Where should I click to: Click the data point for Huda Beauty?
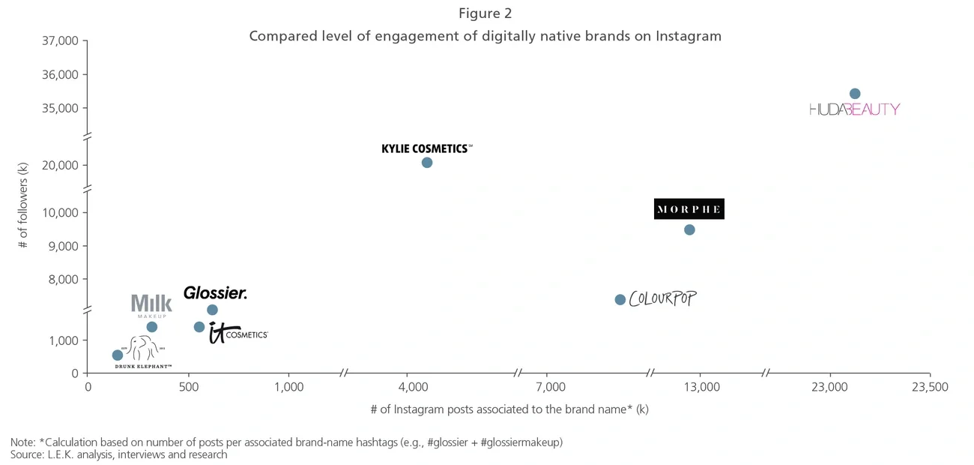click(855, 94)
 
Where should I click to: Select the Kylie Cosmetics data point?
click(427, 163)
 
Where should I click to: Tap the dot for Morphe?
click(689, 229)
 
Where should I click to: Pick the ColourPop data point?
click(620, 300)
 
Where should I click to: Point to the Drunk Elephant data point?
click(118, 355)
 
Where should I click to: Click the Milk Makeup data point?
click(151, 327)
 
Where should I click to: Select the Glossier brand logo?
click(215, 293)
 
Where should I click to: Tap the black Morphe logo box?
click(689, 209)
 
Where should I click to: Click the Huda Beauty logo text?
click(854, 109)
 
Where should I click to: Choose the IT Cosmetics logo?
click(238, 333)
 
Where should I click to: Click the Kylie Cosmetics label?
click(426, 148)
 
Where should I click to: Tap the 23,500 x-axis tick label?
click(930, 387)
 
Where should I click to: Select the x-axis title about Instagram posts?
click(509, 409)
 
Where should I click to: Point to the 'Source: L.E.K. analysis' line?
click(118, 454)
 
